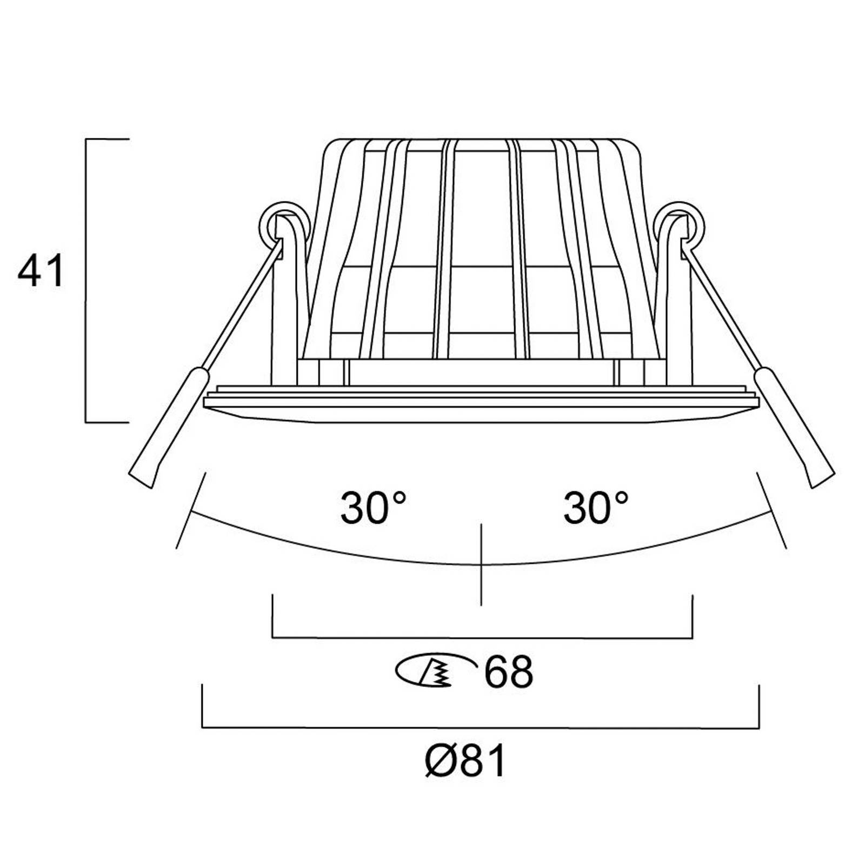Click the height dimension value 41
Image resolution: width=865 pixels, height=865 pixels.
41,270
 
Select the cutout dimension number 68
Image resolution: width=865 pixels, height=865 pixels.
508,672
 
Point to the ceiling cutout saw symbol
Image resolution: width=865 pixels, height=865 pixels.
432,671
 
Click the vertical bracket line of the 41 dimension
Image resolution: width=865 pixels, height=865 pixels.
86,281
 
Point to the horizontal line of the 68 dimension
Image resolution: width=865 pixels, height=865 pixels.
481,638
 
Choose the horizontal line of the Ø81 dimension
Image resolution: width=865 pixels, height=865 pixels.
481,728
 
